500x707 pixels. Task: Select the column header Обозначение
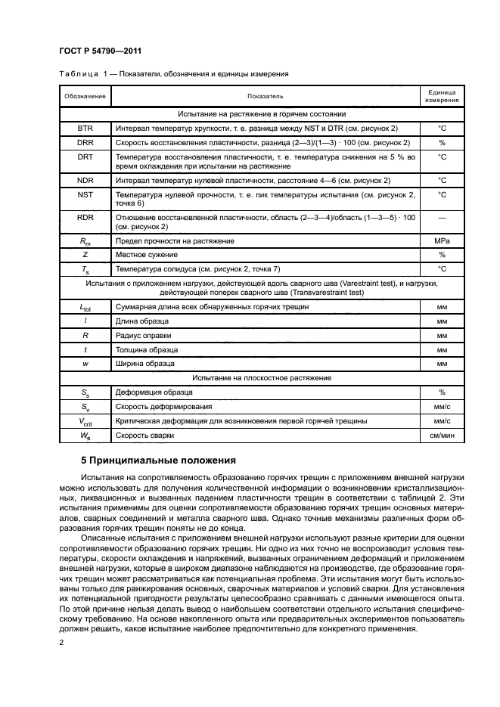point(85,96)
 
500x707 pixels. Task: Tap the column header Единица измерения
point(442,96)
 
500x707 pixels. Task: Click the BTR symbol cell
point(85,129)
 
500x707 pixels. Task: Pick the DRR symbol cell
point(85,143)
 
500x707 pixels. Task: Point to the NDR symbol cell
point(85,181)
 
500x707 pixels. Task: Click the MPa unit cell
point(442,240)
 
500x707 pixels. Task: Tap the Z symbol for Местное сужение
point(85,255)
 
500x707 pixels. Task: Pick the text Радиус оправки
point(143,335)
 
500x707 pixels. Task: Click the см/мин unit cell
point(442,436)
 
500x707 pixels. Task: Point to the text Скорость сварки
point(144,436)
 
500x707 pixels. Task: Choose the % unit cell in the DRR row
point(442,143)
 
